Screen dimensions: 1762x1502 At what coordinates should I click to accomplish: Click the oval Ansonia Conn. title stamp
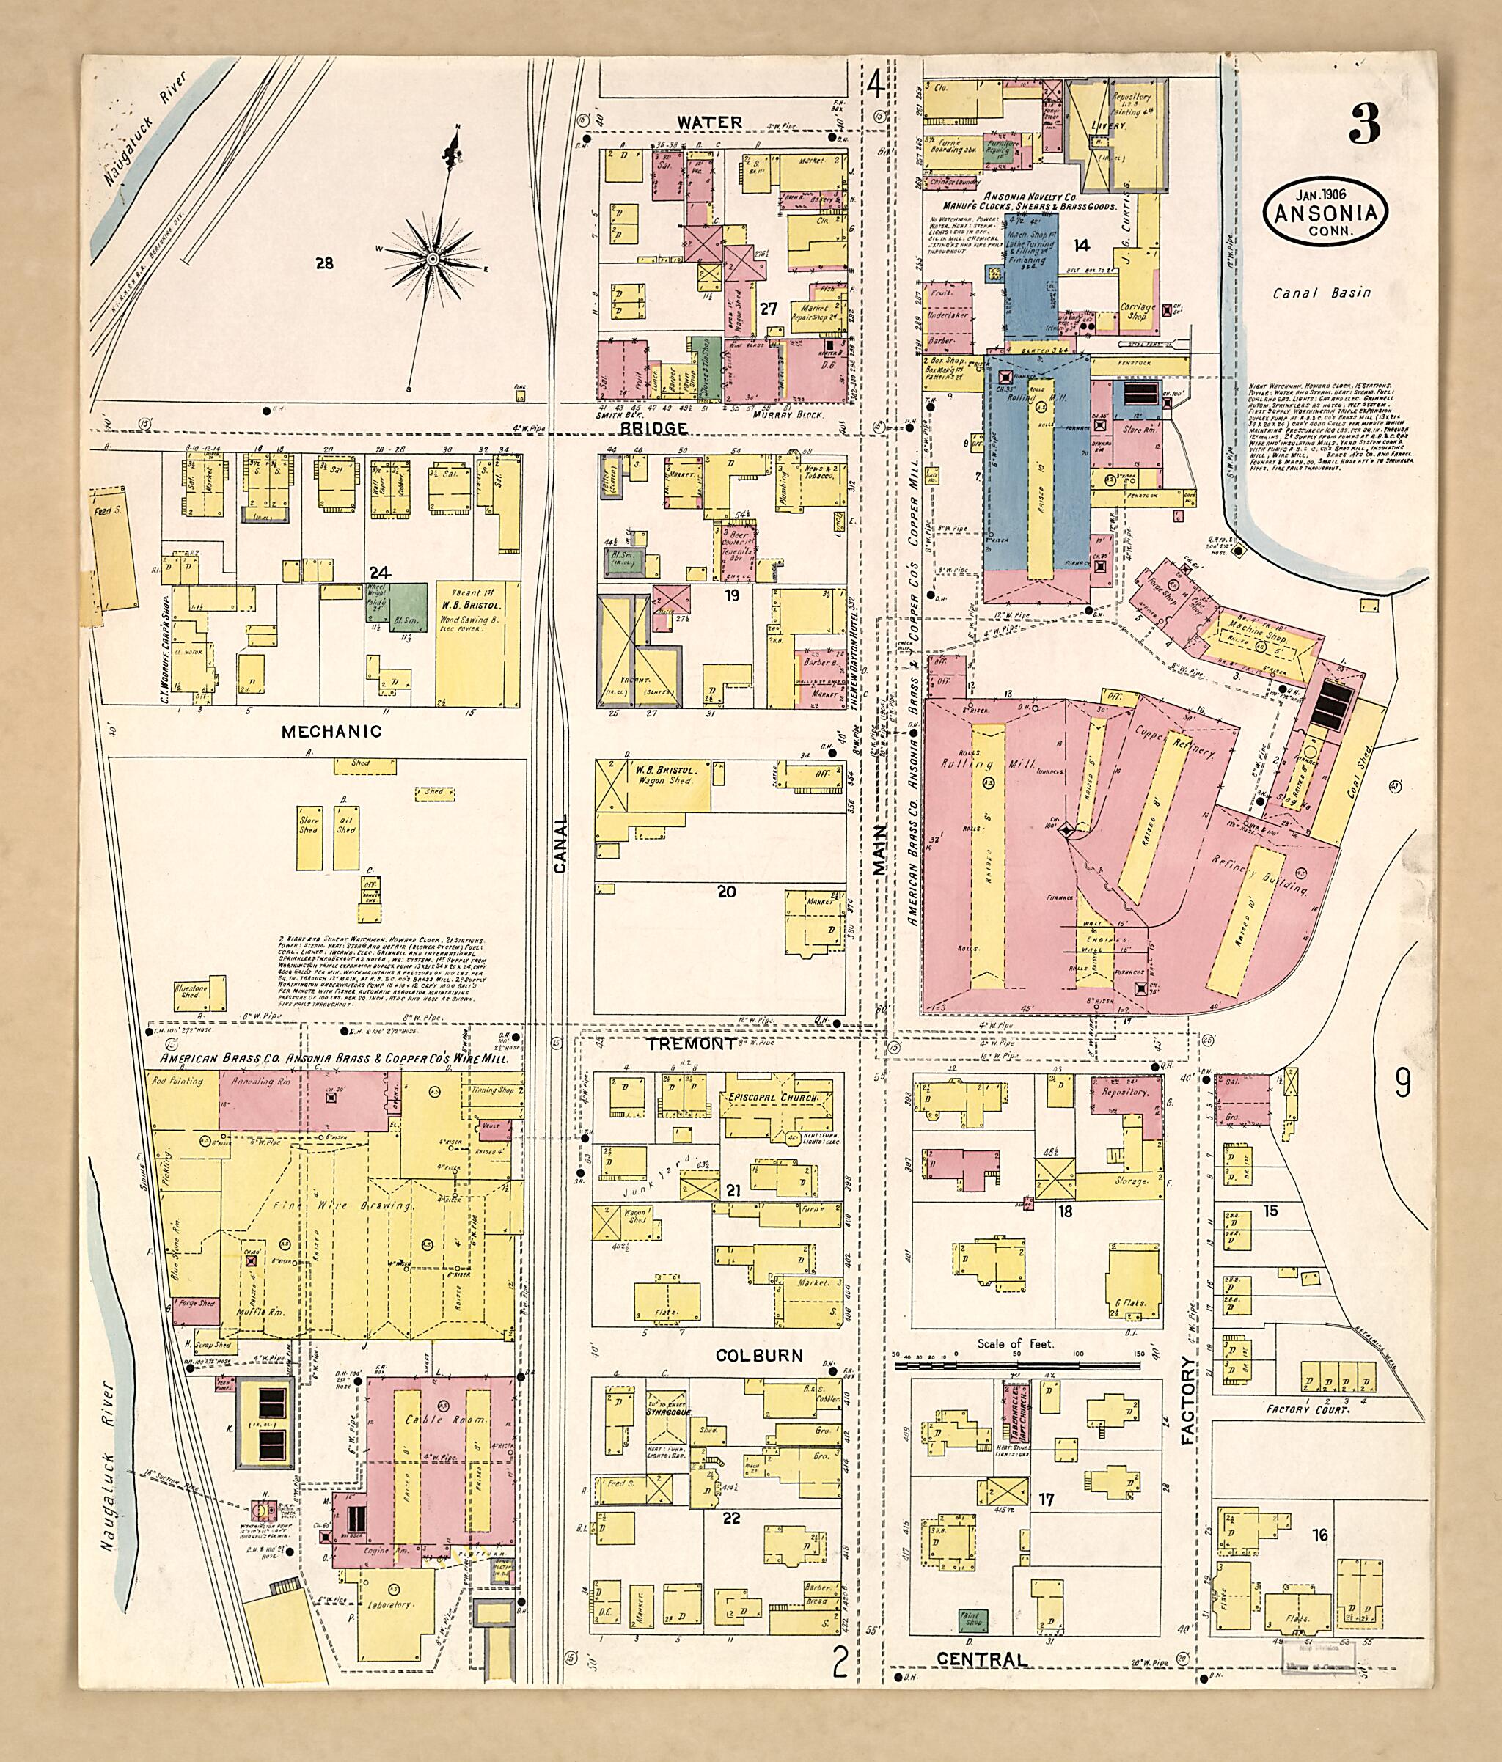coord(1325,214)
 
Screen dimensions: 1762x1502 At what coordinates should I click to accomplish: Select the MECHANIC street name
coord(331,731)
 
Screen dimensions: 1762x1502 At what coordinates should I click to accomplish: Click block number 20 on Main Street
coord(725,892)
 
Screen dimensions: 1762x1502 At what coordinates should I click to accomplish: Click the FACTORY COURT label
coord(1308,1410)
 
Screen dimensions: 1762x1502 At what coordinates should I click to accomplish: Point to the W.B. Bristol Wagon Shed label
coord(664,776)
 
